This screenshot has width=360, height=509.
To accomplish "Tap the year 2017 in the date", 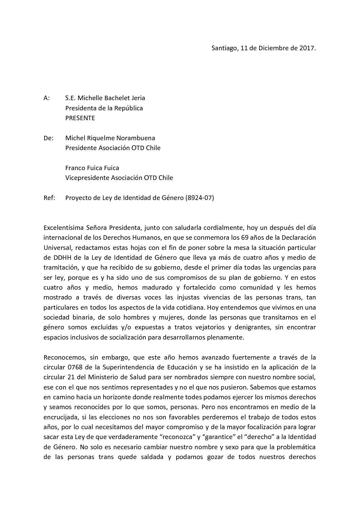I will pyautogui.click(x=307, y=48).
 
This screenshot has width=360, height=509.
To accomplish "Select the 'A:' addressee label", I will pyautogui.click(x=47, y=98).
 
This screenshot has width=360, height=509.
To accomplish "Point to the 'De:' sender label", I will pyautogui.click(x=48, y=138).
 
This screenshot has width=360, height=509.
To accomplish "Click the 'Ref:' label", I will pyautogui.click(x=49, y=198).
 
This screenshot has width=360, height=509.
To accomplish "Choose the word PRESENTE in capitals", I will pyautogui.click(x=80, y=118).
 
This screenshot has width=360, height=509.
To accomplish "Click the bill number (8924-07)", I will pyautogui.click(x=200, y=198).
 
